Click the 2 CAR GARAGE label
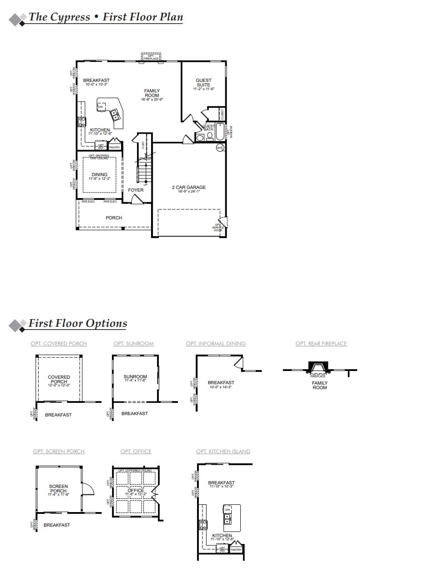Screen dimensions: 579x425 click(x=188, y=188)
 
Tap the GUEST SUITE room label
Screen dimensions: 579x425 click(x=203, y=83)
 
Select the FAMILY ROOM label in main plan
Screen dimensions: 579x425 click(x=152, y=93)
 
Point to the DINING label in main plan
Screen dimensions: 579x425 click(x=100, y=175)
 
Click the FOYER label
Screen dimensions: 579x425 click(x=136, y=190)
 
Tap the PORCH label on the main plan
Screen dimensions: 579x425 click(x=114, y=218)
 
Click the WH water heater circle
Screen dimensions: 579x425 click(x=219, y=148)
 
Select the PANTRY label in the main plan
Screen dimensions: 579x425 click(x=115, y=147)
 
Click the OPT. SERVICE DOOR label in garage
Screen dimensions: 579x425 click(x=218, y=228)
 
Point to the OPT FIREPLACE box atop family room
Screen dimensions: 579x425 click(x=151, y=57)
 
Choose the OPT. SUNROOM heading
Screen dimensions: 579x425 click(x=133, y=344)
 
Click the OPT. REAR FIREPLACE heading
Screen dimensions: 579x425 click(x=321, y=344)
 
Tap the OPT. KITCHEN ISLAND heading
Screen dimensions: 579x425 click(x=223, y=452)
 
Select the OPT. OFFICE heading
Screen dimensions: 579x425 click(x=136, y=452)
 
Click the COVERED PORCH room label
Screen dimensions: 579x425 click(x=59, y=380)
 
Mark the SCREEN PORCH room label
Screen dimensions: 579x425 click(x=58, y=489)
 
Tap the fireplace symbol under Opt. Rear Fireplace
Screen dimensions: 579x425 click(x=318, y=367)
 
